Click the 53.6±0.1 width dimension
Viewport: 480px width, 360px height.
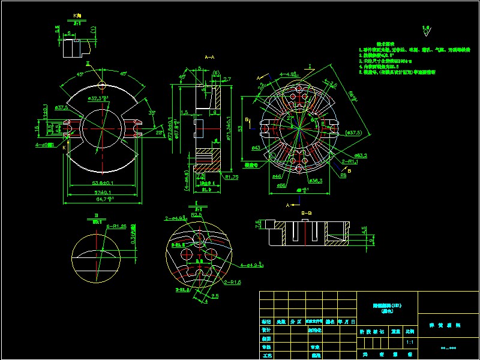103,182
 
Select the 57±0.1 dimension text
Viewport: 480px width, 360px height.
103,191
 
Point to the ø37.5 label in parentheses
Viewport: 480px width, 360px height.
352,132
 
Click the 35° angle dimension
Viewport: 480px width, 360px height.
152,112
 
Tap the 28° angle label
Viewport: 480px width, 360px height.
160,133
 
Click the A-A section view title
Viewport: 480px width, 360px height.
210,56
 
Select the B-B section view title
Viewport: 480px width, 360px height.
306,212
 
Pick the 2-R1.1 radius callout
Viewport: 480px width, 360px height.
350,161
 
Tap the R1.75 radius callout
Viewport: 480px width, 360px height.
232,178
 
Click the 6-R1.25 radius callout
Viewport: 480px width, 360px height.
116,226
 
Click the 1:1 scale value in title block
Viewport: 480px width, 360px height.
410,342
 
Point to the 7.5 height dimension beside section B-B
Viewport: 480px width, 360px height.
259,224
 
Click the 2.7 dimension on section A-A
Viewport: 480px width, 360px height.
227,79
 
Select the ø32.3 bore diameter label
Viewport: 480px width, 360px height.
97,98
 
